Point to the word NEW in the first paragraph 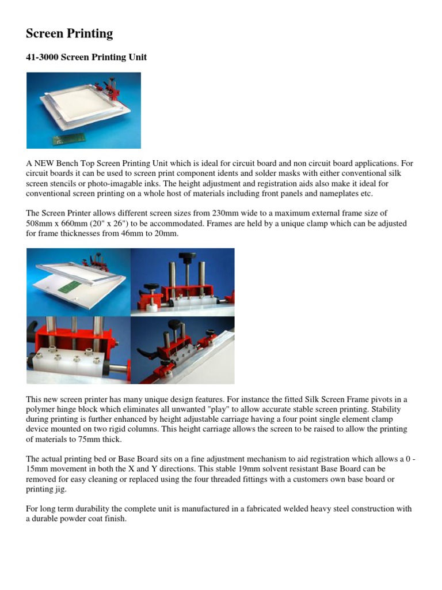pos(44,164)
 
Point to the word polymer pos(41,409)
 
